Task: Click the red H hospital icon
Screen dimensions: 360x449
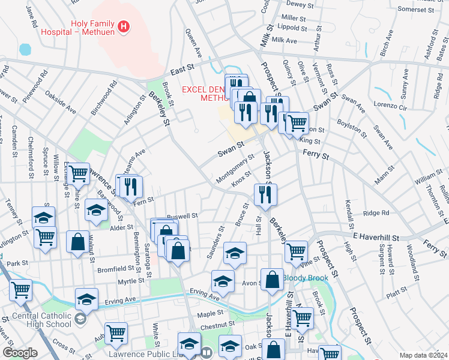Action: click(x=124, y=26)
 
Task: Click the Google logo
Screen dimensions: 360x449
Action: click(x=19, y=352)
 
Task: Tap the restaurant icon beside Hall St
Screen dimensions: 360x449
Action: click(x=264, y=194)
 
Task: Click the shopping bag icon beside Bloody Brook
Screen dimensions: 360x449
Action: click(x=273, y=280)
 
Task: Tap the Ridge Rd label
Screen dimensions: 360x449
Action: click(x=376, y=212)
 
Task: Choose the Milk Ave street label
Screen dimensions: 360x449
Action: click(x=284, y=40)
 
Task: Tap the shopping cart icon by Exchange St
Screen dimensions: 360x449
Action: click(x=78, y=174)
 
